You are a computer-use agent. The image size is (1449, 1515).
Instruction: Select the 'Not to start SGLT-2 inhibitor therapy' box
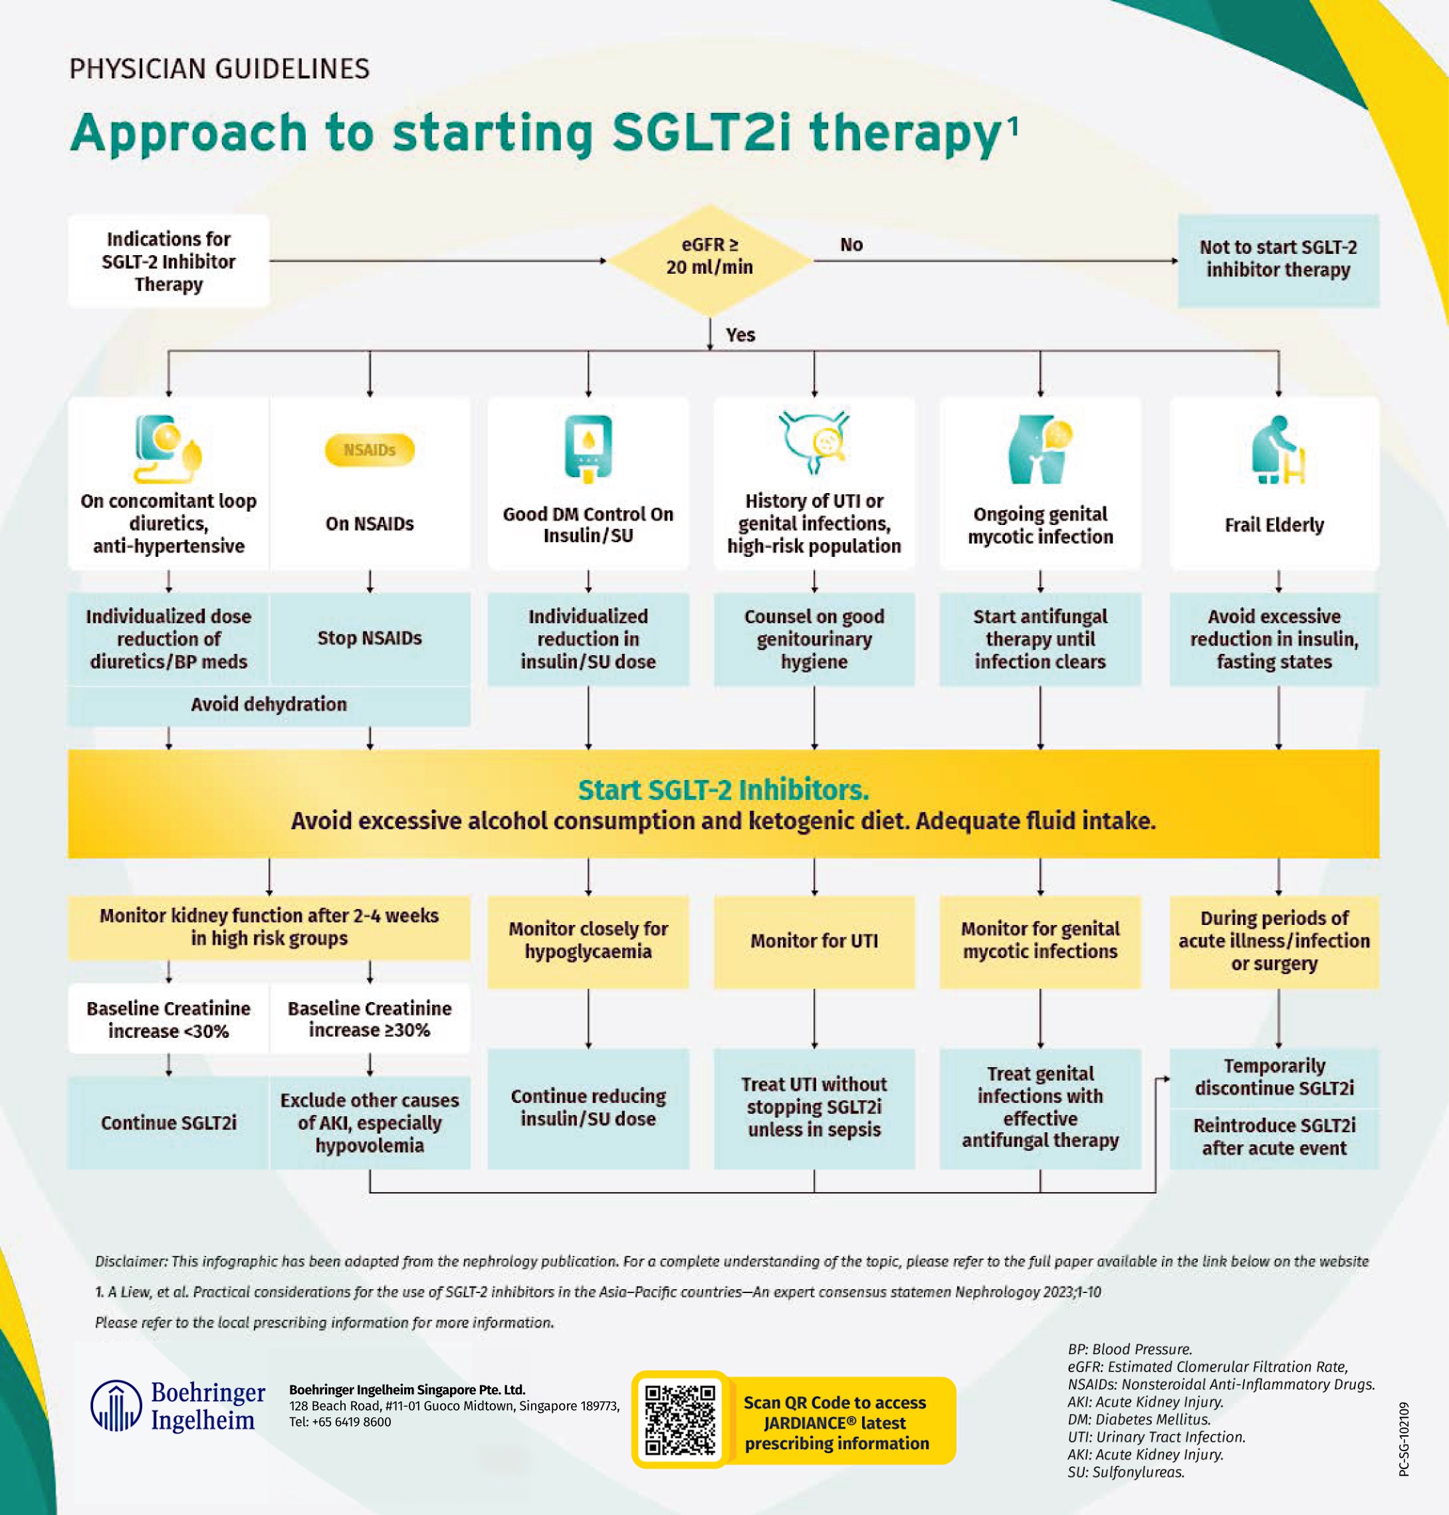point(1278,259)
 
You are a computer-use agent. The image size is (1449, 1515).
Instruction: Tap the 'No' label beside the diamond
point(851,245)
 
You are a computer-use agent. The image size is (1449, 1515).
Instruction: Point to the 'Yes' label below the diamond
point(740,335)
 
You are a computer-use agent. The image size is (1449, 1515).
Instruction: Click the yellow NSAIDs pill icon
point(369,450)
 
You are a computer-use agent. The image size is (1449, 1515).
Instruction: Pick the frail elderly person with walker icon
point(1277,451)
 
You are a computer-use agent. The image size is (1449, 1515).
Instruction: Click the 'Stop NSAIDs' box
point(369,639)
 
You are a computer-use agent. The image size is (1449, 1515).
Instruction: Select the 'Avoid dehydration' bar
point(269,705)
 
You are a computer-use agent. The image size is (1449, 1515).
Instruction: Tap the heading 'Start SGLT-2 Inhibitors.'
point(723,790)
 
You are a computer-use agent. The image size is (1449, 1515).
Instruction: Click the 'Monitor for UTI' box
point(814,942)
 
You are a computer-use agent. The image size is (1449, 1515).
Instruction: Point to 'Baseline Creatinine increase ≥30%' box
point(369,1019)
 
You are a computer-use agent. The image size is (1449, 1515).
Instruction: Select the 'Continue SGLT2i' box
point(168,1123)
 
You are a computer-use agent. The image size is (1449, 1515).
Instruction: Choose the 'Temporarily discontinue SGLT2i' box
point(1274,1077)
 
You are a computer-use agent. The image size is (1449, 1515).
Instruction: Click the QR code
point(680,1419)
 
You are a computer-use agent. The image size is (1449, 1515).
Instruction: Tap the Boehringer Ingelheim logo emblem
point(116,1406)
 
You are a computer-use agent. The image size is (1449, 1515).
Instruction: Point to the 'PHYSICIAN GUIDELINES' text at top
point(219,70)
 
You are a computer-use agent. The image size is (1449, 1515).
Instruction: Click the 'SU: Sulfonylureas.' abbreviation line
point(1125,1472)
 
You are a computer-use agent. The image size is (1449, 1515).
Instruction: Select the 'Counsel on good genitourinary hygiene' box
point(814,639)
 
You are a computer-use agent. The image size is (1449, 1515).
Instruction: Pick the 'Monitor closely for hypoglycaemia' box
point(588,940)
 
